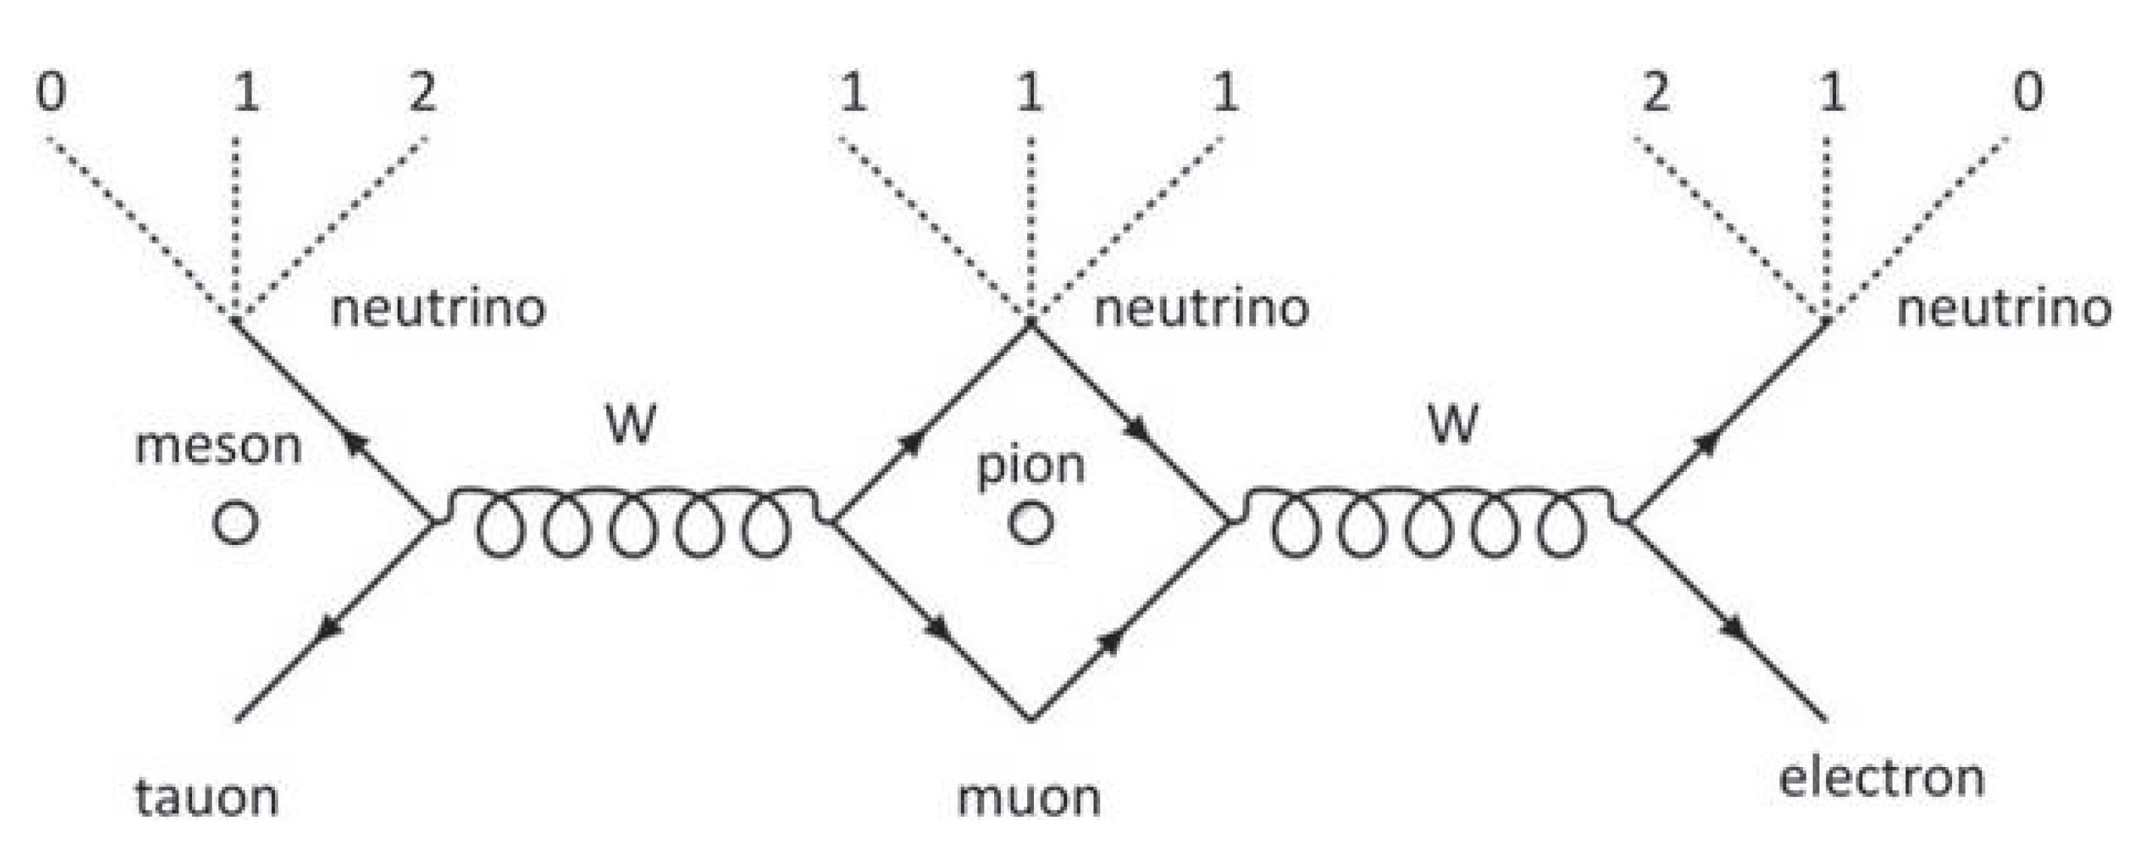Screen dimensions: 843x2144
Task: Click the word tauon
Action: coord(206,796)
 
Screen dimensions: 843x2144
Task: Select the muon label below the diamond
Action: coord(1029,796)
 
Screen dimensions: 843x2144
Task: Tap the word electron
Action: coord(1881,778)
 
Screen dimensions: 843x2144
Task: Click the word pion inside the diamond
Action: coord(1030,466)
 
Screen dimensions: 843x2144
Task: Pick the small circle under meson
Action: coord(236,522)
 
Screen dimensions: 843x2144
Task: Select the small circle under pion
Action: coord(1030,522)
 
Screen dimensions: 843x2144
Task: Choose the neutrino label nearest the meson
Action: coord(438,309)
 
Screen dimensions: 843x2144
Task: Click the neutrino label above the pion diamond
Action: coord(1201,309)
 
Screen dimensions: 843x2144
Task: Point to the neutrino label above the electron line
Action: coord(2004,309)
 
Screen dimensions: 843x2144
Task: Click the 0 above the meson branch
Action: coord(50,92)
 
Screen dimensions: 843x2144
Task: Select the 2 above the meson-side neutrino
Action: coord(422,92)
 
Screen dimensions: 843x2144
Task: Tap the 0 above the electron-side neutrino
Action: coord(2027,92)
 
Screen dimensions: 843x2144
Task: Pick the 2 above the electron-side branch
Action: coord(1655,92)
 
